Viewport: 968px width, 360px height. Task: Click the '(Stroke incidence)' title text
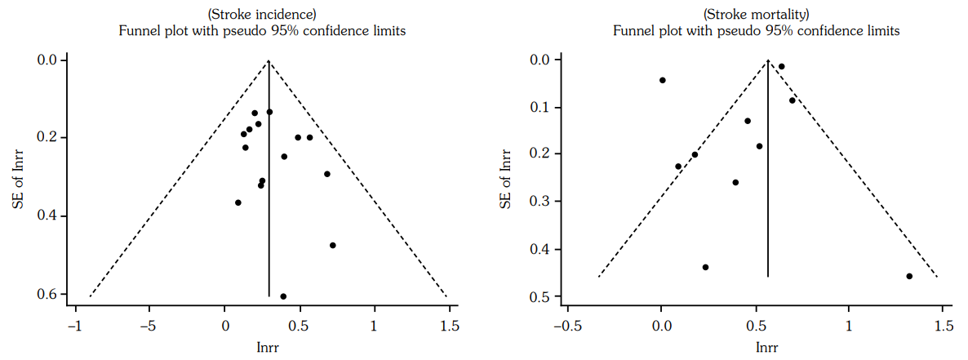point(261,14)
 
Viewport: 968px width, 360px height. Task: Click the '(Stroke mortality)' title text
point(756,14)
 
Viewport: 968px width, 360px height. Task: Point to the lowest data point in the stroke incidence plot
point(283,296)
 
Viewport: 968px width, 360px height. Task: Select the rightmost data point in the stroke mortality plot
point(909,277)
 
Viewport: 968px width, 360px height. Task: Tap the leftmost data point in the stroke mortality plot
point(663,80)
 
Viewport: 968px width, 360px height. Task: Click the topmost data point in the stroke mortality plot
point(781,67)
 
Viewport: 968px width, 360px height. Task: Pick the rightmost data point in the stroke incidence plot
point(333,246)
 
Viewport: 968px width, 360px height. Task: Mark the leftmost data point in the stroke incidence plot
point(238,202)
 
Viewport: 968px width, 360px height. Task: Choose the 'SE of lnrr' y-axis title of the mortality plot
point(507,176)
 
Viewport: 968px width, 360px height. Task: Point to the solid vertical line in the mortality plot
point(768,204)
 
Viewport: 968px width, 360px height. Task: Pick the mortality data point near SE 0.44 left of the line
point(705,267)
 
